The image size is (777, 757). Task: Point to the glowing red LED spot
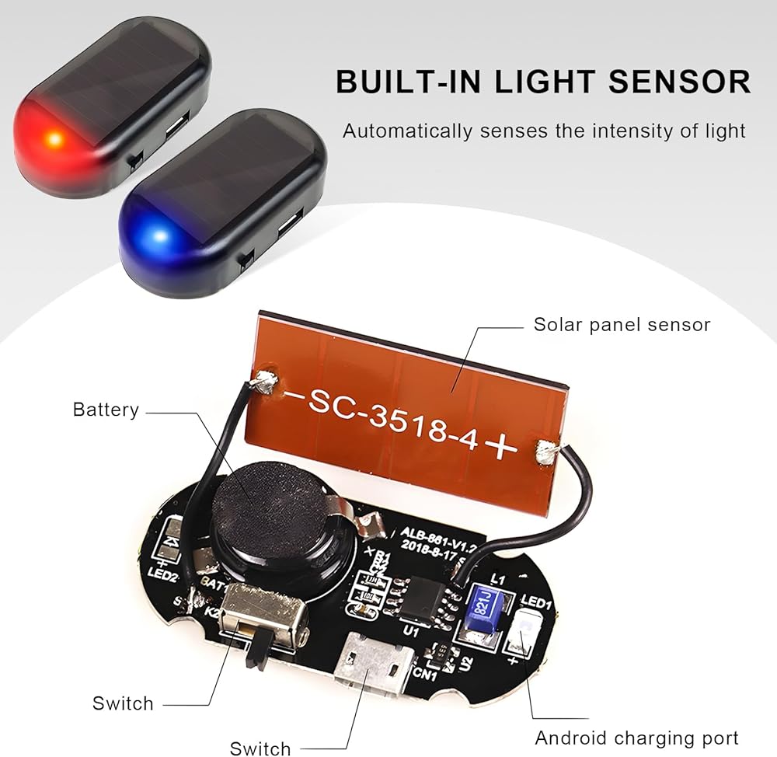pos(54,140)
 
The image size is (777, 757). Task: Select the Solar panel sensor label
pos(622,324)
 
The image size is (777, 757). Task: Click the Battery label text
pos(106,410)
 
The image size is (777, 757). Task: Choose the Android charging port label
pos(636,737)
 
